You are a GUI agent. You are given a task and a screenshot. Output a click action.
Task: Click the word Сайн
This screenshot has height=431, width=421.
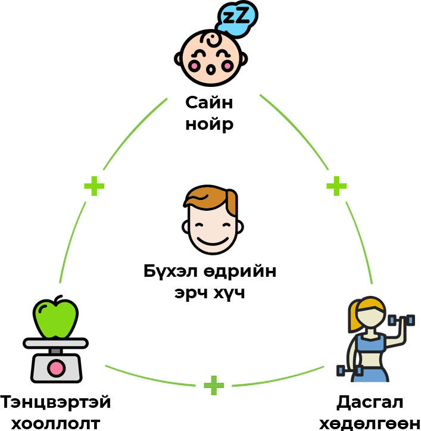click(209, 102)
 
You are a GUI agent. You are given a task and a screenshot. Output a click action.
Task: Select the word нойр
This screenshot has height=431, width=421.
click(209, 125)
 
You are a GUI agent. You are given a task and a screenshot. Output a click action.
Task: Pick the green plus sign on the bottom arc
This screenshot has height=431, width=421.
click(214, 385)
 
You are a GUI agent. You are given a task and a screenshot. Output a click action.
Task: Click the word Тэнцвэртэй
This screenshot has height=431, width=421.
click(55, 402)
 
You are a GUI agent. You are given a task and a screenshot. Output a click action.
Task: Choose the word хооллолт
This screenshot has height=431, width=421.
click(55, 423)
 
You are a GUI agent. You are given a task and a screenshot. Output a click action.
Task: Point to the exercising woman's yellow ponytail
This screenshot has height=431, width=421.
click(355, 318)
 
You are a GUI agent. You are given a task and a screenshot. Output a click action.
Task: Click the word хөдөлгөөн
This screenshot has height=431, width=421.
click(369, 423)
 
